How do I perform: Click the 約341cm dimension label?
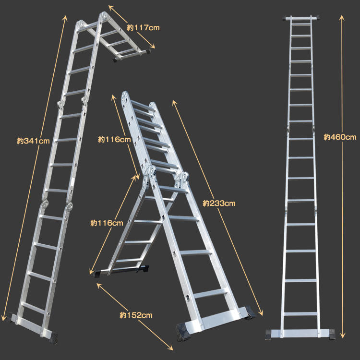[33, 141]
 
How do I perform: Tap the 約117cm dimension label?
[143, 28]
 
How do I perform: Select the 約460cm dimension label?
[340, 137]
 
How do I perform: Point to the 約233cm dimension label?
[219, 203]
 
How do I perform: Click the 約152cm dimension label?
[136, 315]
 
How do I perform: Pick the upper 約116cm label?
[114, 139]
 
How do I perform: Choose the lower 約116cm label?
[107, 223]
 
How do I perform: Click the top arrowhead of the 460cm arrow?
[342, 17]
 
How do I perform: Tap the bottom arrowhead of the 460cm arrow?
[342, 336]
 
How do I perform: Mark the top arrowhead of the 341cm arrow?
[65, 18]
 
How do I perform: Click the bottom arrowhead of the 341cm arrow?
[3, 318]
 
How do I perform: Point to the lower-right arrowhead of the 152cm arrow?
[171, 348]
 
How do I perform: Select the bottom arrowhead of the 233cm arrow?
[261, 313]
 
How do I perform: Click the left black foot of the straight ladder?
[268, 334]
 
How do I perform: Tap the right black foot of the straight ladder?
[332, 334]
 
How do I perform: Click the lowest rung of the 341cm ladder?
[33, 308]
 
